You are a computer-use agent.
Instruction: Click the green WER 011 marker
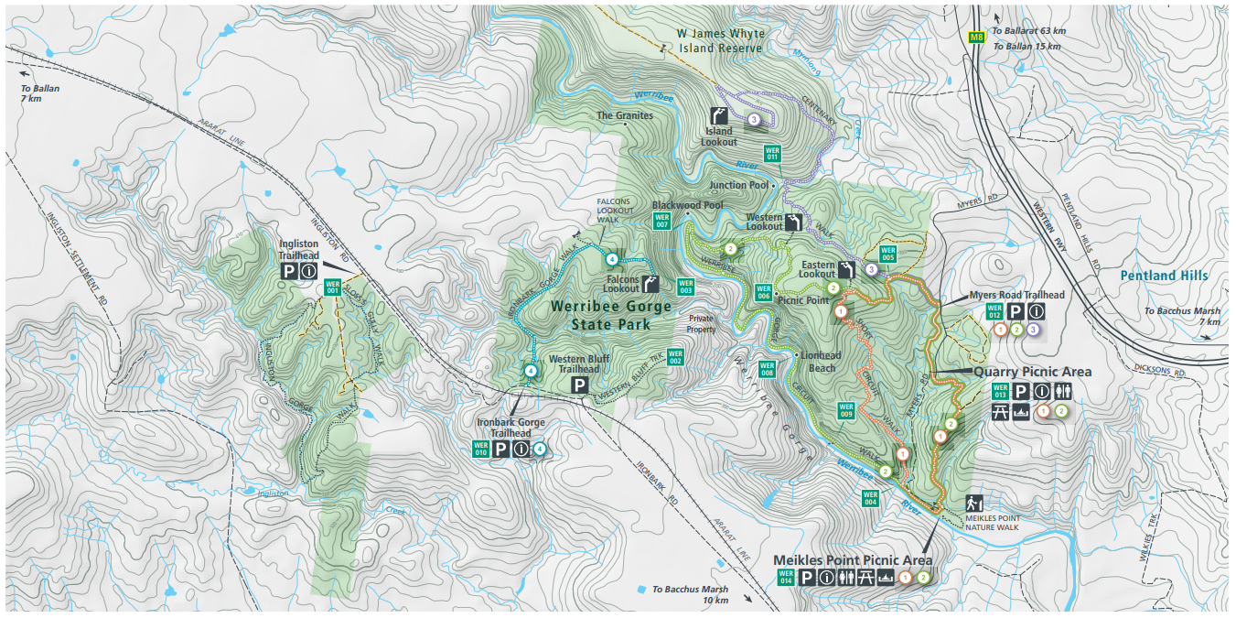click(x=772, y=153)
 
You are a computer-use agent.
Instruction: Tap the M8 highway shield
click(x=976, y=38)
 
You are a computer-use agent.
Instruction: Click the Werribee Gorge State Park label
click(x=610, y=315)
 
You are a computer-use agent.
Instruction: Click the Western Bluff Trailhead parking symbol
click(x=579, y=385)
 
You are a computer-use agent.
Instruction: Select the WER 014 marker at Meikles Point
click(x=785, y=577)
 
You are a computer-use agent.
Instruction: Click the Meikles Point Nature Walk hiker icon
click(x=974, y=503)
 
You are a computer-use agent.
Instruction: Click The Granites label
click(x=625, y=116)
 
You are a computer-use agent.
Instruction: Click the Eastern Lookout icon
click(x=847, y=270)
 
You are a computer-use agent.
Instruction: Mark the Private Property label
click(x=701, y=324)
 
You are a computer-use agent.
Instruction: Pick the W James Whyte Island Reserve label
click(x=720, y=40)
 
